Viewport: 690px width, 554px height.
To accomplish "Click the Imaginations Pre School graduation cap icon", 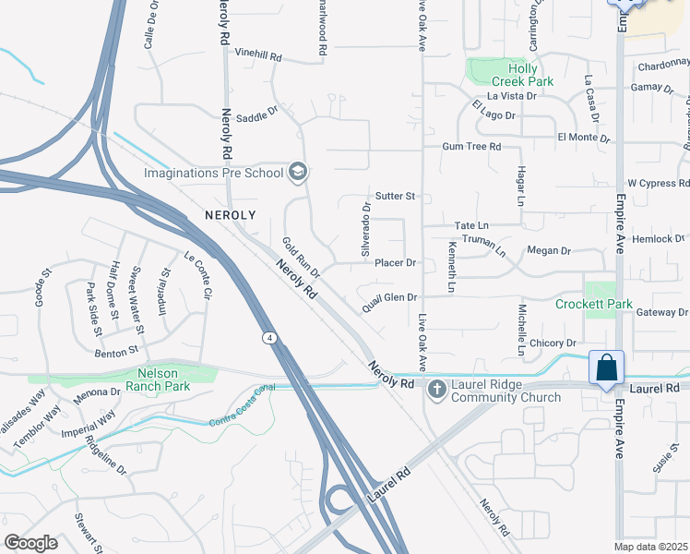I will click(298, 172).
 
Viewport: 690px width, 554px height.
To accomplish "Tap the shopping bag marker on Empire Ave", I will click(607, 368).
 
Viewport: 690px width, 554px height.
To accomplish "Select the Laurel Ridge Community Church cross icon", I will click(435, 390).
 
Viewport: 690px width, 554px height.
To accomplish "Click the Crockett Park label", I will click(594, 304).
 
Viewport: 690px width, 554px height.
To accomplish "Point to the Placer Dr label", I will click(397, 263).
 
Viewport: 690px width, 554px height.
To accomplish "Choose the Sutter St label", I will click(397, 197).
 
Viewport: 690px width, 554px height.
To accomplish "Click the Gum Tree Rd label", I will click(471, 147).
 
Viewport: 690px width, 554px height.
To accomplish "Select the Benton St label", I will click(115, 351).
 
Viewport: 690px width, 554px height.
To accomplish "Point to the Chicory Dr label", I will click(553, 343).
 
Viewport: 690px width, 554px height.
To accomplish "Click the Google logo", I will click(30, 543).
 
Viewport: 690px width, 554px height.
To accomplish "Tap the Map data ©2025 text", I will click(650, 547).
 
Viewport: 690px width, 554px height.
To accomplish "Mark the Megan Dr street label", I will click(549, 251).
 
